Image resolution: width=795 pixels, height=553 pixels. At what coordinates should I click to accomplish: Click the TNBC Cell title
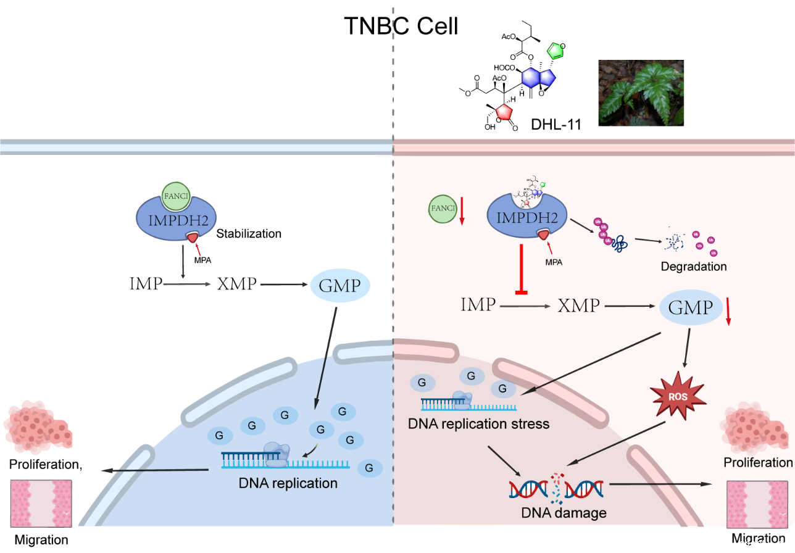pyautogui.click(x=401, y=27)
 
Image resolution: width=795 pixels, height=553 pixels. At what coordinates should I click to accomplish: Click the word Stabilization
pyautogui.click(x=249, y=234)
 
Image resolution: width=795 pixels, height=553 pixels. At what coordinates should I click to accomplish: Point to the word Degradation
pyautogui.click(x=694, y=267)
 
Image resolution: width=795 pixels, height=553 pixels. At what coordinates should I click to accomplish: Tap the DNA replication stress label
pyautogui.click(x=479, y=424)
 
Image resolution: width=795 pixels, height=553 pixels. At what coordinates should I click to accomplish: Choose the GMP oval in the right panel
pyautogui.click(x=691, y=306)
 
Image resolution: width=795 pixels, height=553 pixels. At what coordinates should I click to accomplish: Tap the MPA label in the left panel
pyautogui.click(x=202, y=260)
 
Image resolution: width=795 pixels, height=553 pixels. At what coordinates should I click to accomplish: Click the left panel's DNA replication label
pyautogui.click(x=288, y=483)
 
